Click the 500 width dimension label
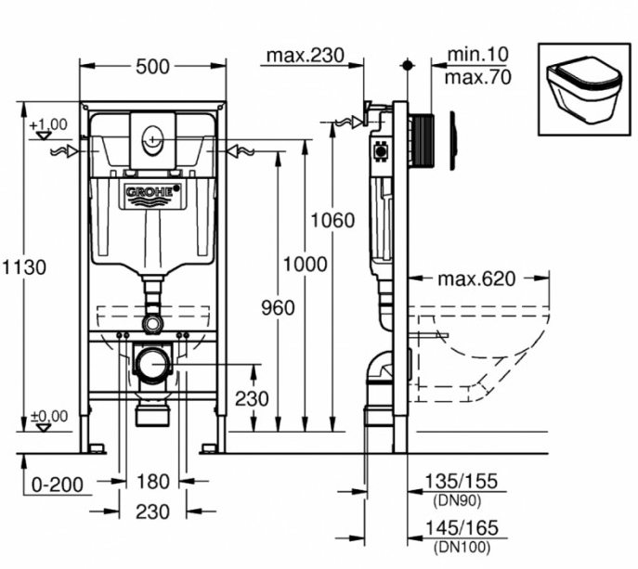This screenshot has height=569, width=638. pyautogui.click(x=152, y=66)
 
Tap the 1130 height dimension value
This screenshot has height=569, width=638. pyautogui.click(x=26, y=266)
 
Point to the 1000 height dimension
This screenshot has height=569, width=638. pyautogui.click(x=304, y=265)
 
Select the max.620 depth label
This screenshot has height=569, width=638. pyautogui.click(x=477, y=278)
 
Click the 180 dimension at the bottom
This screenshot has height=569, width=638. pyautogui.click(x=152, y=483)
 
